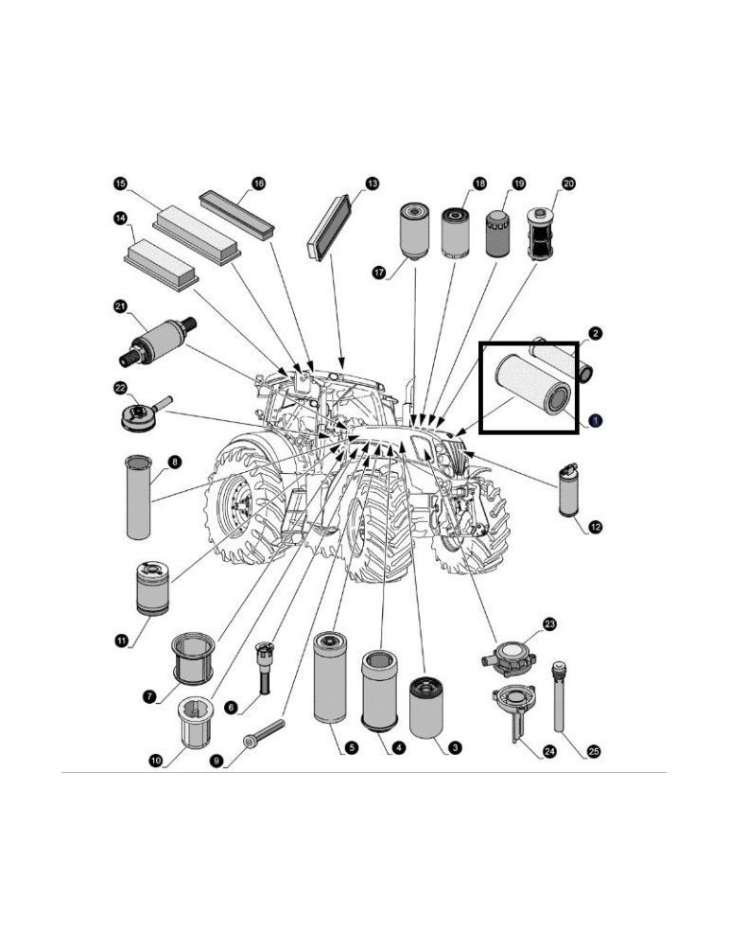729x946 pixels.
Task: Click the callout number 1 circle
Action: [x=597, y=419]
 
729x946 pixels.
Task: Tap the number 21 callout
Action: [x=120, y=306]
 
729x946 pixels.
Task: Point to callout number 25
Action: [x=593, y=752]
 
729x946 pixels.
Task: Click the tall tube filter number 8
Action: [x=138, y=497]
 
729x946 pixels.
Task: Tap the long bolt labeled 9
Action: [x=264, y=733]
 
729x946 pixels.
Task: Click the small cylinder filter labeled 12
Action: [x=567, y=489]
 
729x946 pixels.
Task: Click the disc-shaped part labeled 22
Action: [x=145, y=415]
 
